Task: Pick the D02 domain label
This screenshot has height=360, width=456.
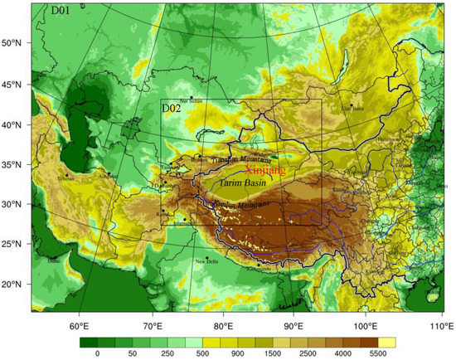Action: coord(172,108)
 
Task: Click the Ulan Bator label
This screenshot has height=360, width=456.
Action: coord(354,109)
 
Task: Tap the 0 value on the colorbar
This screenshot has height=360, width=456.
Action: coord(97,353)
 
